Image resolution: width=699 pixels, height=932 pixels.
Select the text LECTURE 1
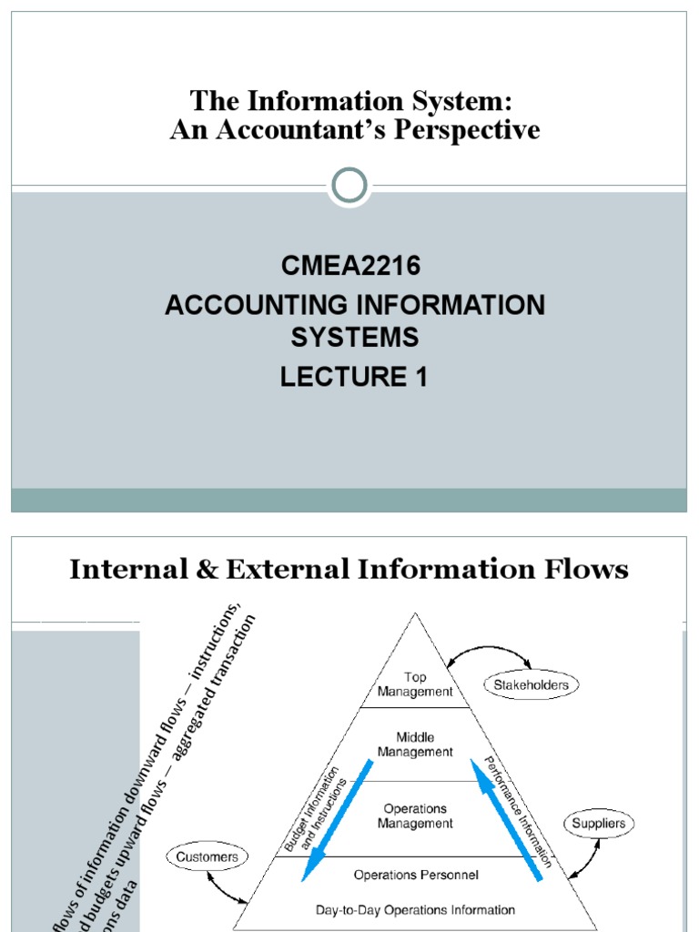coord(354,375)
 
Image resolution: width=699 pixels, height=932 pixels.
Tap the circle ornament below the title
coord(349,186)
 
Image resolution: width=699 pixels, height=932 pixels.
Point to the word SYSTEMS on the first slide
coord(354,338)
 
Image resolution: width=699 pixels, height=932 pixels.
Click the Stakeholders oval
coord(532,684)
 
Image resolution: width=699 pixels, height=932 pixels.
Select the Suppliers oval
coord(599,825)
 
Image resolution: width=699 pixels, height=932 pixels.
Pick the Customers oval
coord(208,856)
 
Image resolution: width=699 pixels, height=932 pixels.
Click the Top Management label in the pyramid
coord(415,684)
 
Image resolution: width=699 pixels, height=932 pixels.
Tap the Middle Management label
coord(415,745)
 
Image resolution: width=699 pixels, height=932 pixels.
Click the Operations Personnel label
coord(416,876)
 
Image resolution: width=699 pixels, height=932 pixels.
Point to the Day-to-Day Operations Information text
coord(415,909)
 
